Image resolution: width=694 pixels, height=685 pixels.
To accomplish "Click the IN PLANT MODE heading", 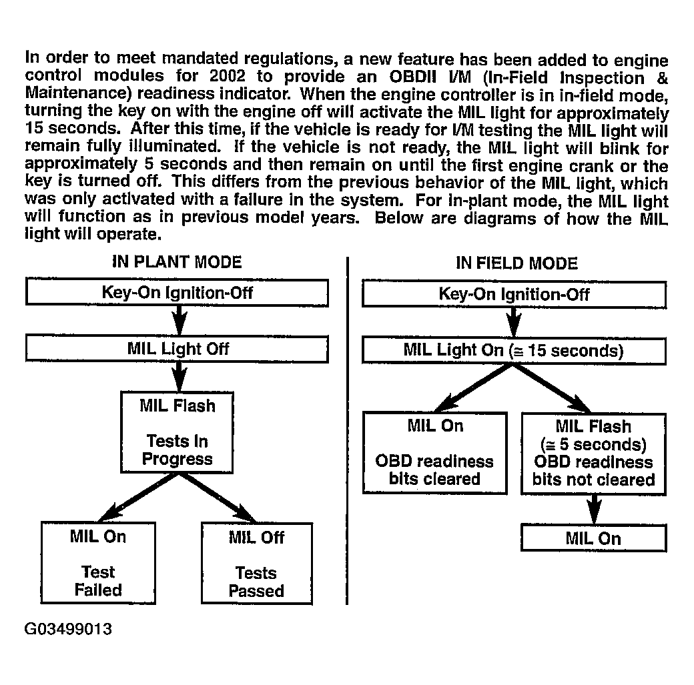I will [176, 261].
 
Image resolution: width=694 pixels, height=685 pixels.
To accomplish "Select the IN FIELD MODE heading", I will [516, 263].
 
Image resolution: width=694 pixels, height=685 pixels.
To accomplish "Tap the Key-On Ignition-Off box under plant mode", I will [177, 293].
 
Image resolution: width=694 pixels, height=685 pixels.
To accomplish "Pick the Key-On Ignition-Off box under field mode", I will [514, 294].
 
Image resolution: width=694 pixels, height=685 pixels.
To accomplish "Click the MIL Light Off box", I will [177, 349].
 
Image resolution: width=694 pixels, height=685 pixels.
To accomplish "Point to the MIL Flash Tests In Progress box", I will [178, 432].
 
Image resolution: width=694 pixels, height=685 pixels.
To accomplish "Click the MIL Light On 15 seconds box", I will [514, 350].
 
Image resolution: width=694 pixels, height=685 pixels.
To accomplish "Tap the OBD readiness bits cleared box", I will [434, 452].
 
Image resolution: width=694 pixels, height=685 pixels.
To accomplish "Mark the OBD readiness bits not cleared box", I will [593, 453].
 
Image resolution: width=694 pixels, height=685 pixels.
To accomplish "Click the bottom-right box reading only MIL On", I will [593, 539].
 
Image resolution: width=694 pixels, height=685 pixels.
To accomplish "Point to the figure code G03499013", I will [68, 630].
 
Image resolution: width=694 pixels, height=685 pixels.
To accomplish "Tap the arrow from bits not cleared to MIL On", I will [593, 510].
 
